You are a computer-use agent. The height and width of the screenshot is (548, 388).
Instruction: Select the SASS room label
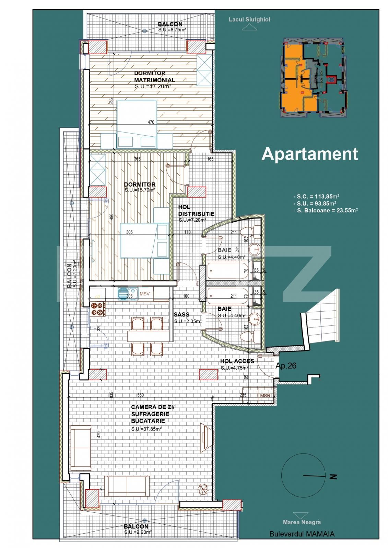pyautogui.click(x=181, y=314)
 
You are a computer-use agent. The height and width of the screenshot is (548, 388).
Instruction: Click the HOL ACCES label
pyautogui.click(x=237, y=361)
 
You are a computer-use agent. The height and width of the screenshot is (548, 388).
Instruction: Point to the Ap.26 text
pyautogui.click(x=286, y=366)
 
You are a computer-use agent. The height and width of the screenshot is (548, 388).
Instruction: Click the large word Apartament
pyautogui.click(x=309, y=154)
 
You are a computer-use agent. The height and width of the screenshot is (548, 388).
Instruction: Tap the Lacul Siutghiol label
pyautogui.click(x=249, y=20)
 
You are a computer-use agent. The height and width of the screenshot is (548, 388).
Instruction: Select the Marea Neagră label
pyautogui.click(x=302, y=522)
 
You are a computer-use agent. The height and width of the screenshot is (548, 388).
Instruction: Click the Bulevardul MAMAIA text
pyautogui.click(x=302, y=534)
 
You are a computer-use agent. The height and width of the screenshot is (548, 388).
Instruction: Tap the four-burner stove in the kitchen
pyautogui.click(x=98, y=309)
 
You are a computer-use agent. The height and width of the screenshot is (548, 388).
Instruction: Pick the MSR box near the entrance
pyautogui.click(x=265, y=396)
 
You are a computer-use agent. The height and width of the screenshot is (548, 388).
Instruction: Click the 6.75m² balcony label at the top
pyautogui.click(x=172, y=30)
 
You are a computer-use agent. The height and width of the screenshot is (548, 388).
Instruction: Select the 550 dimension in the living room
pyautogui.click(x=140, y=395)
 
